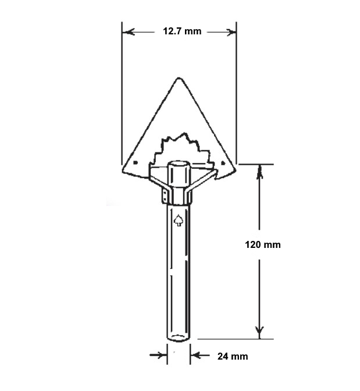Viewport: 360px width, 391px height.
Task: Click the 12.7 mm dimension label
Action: [x=182, y=31]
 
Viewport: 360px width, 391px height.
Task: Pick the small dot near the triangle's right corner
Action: [x=224, y=163]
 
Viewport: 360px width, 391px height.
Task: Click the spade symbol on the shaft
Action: [x=178, y=220]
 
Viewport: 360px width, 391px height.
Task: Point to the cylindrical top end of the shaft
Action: [x=178, y=165]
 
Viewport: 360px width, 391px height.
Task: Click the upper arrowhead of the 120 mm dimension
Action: [x=260, y=170]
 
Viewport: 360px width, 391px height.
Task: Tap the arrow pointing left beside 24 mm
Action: [x=195, y=354]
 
